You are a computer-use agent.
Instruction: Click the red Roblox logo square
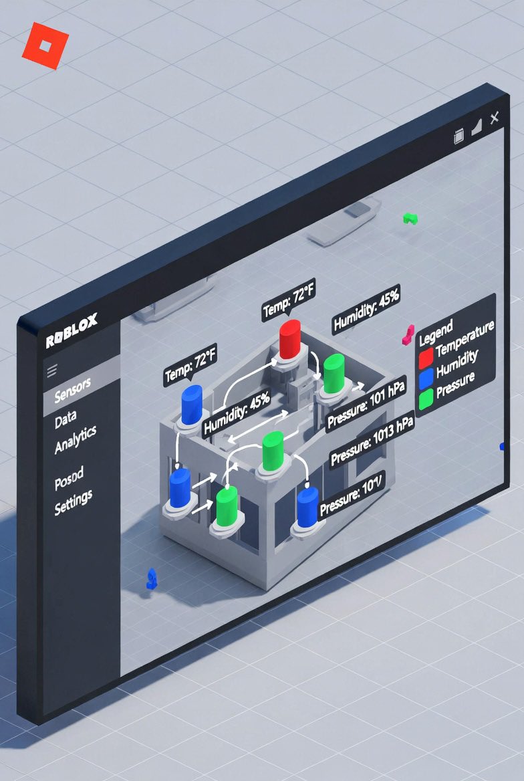tap(45, 46)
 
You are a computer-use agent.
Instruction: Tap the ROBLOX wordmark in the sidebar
tap(72, 332)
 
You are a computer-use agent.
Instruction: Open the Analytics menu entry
tap(76, 439)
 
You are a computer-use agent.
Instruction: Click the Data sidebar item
tap(65, 421)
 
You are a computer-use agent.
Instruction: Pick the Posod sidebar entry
tap(69, 477)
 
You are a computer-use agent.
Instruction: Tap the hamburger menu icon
tap(52, 369)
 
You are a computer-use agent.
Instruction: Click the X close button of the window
tap(494, 118)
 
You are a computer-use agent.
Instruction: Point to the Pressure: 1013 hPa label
tap(372, 441)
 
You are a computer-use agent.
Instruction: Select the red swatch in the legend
tap(426, 359)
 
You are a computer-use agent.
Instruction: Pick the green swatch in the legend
tap(426, 400)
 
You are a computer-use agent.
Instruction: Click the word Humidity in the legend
tap(457, 364)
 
